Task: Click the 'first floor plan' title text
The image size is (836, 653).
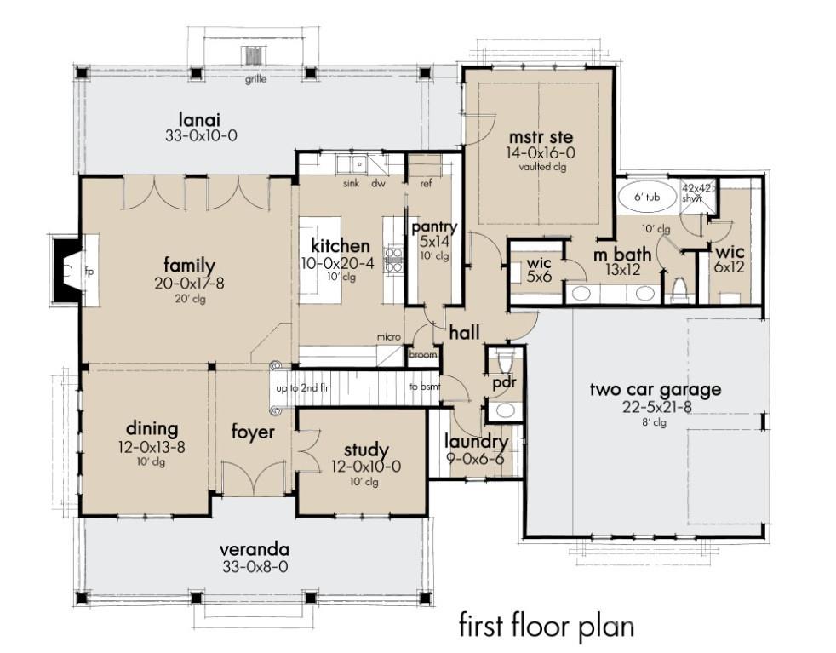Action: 546,626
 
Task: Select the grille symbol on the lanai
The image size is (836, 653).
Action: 254,57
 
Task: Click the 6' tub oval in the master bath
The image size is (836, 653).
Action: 646,196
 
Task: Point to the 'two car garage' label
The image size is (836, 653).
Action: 656,389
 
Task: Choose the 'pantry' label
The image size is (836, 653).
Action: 434,227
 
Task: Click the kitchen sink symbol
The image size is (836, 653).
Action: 350,163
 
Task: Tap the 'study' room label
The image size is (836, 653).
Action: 366,450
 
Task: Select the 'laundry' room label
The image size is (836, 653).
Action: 477,442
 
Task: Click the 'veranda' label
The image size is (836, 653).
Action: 254,549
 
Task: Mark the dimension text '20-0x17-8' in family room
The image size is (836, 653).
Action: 190,284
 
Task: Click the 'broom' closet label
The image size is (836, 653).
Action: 423,355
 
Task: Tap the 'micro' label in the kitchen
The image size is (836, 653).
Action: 388,338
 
